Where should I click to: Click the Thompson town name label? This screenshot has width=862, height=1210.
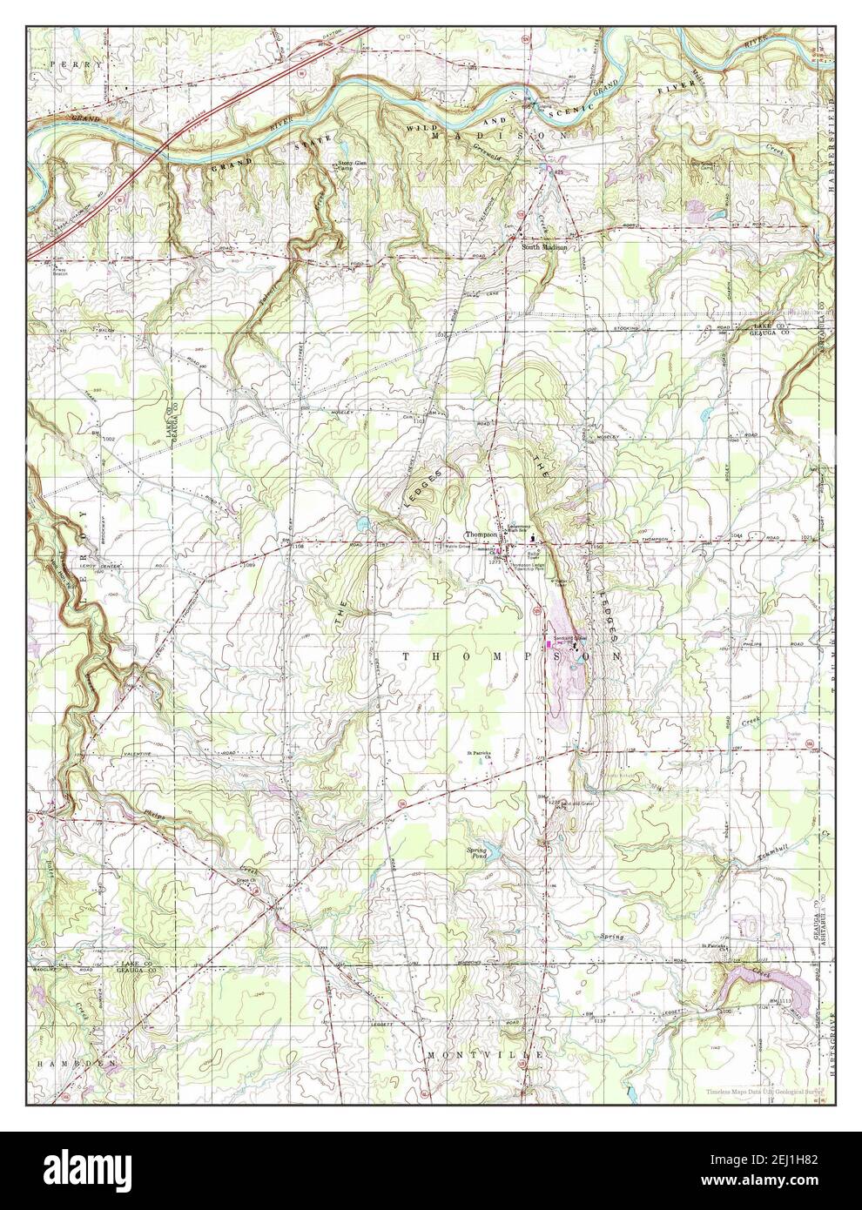click(x=479, y=535)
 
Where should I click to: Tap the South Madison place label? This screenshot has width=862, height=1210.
click(x=544, y=247)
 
